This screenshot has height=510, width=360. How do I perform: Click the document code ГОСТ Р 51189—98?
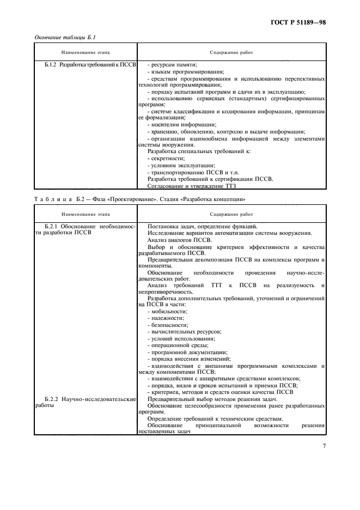pyautogui.click(x=299, y=22)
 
